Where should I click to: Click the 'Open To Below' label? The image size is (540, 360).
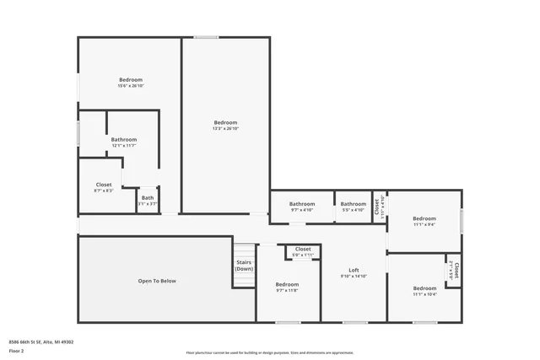coord(157,281)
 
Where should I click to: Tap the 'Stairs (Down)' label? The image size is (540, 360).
coord(244,266)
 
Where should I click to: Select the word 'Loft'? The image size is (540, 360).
coord(354,270)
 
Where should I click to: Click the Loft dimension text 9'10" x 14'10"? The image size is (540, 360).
coord(354,277)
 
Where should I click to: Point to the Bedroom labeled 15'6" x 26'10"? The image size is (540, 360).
coord(130,80)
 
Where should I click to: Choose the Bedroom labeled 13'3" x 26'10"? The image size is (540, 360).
coord(225,122)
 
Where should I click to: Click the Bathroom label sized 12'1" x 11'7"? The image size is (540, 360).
coord(123,140)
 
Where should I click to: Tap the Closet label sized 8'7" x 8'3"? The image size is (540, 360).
coord(104,185)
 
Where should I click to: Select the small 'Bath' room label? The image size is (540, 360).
coord(148,198)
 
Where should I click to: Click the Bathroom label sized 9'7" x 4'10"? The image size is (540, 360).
coord(302,203)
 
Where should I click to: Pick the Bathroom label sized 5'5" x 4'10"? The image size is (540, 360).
coord(353,203)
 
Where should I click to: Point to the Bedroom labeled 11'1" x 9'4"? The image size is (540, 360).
coord(424,218)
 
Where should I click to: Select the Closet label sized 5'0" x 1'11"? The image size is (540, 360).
coord(303,250)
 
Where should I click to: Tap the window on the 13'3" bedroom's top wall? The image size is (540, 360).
coord(207,36)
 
